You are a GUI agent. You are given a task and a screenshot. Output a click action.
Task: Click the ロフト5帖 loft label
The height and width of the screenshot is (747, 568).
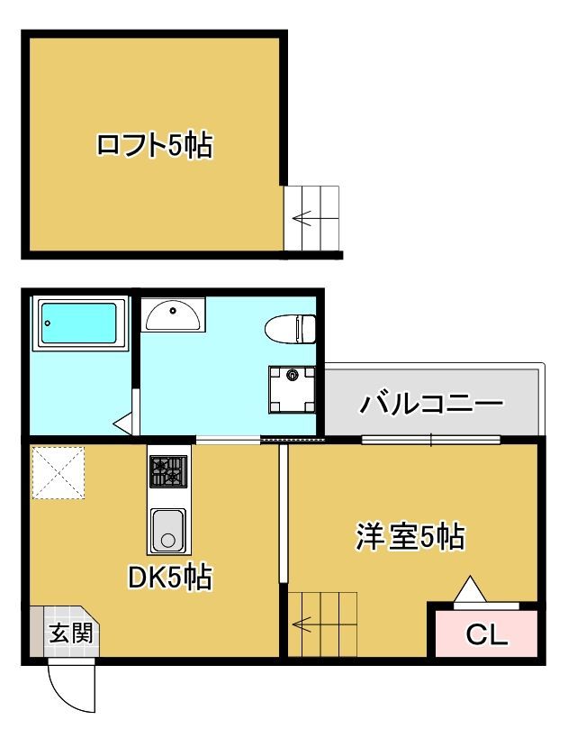(155, 145)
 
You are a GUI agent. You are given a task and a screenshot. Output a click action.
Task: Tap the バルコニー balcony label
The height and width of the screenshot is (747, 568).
(431, 405)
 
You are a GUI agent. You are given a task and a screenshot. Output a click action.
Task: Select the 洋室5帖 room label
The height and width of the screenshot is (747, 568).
(410, 536)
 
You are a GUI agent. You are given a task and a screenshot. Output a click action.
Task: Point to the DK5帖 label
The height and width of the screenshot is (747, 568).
(170, 577)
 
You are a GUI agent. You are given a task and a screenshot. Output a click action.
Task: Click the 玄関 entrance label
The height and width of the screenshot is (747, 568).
(71, 633)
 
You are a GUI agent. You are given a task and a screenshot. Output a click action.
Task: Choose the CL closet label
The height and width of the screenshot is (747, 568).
(487, 634)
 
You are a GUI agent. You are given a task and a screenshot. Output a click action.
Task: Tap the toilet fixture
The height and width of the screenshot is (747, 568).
(290, 329)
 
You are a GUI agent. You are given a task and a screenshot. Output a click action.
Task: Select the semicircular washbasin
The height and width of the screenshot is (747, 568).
(174, 314)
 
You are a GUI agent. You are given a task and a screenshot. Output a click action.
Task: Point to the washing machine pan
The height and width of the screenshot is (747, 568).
(292, 389)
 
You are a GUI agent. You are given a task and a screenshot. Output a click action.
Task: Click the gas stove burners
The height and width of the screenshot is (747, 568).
(168, 471)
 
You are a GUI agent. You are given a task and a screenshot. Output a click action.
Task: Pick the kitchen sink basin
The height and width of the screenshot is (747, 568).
(168, 530)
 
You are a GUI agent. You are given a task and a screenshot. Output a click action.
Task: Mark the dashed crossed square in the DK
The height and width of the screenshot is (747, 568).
(59, 472)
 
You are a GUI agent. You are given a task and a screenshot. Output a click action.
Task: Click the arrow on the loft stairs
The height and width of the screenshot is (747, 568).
(302, 219)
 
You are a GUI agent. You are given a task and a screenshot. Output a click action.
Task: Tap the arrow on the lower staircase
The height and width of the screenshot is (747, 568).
(302, 624)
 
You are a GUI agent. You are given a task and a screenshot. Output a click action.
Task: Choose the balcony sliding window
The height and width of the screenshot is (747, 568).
(431, 440)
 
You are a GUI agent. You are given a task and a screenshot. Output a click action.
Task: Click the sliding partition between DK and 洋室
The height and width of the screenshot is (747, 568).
(284, 514)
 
